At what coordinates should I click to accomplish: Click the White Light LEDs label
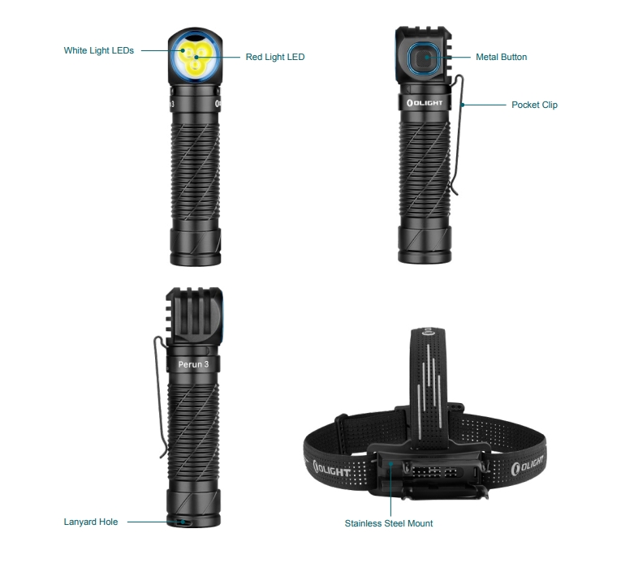tap(99, 50)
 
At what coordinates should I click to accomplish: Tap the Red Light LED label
tap(275, 57)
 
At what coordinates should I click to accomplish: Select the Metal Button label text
tap(501, 57)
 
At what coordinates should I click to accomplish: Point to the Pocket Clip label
tap(534, 105)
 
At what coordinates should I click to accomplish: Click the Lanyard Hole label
tap(91, 522)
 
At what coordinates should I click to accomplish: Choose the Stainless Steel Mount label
tap(389, 523)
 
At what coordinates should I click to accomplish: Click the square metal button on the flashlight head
tap(423, 59)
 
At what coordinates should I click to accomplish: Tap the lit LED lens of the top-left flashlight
tap(195, 57)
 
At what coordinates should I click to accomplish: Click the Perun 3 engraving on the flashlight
tap(193, 364)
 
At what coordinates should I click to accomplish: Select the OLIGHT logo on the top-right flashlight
tap(425, 103)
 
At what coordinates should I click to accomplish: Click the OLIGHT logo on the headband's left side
tap(331, 469)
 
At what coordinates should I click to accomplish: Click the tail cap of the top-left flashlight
tap(196, 247)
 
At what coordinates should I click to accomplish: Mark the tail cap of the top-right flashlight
tap(425, 244)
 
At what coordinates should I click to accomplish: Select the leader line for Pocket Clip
tap(484, 105)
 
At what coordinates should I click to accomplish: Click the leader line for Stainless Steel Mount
tap(390, 489)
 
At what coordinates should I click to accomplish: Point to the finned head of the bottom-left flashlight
tap(194, 316)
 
